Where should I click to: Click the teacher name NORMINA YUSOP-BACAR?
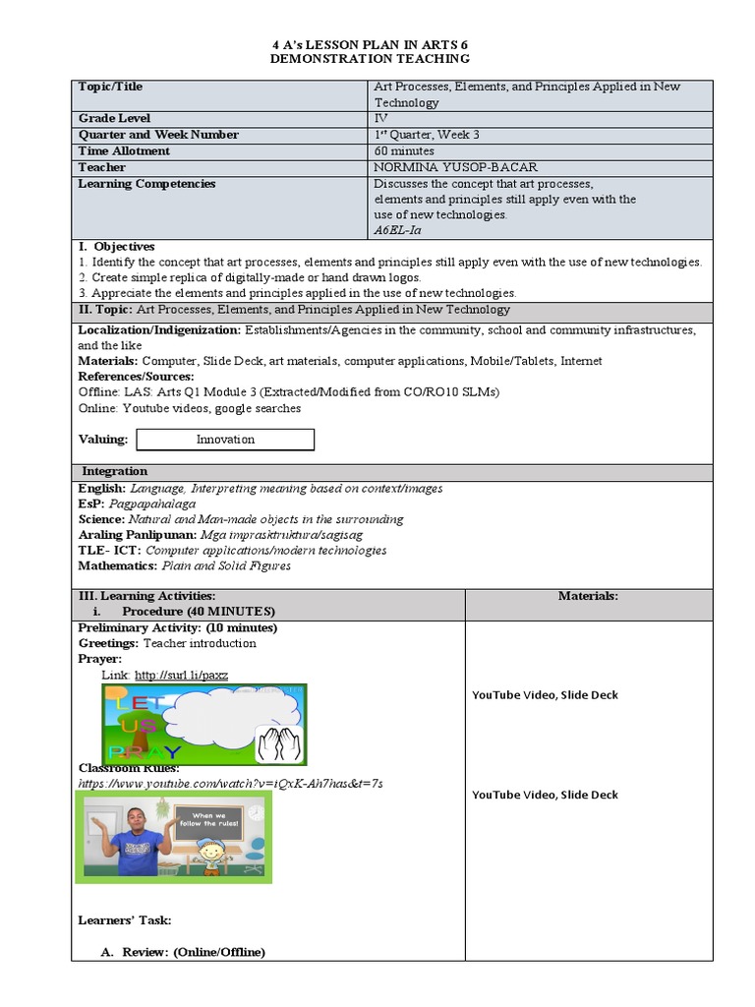point(455,167)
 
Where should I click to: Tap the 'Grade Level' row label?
point(114,119)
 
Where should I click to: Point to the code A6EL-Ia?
point(397,230)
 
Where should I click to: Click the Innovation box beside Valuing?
point(225,440)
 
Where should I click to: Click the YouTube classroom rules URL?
point(230,783)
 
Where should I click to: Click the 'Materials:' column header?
point(588,596)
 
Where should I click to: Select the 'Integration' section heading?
point(114,472)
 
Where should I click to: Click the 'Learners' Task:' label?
point(125,920)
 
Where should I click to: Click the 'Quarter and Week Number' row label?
point(157,135)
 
